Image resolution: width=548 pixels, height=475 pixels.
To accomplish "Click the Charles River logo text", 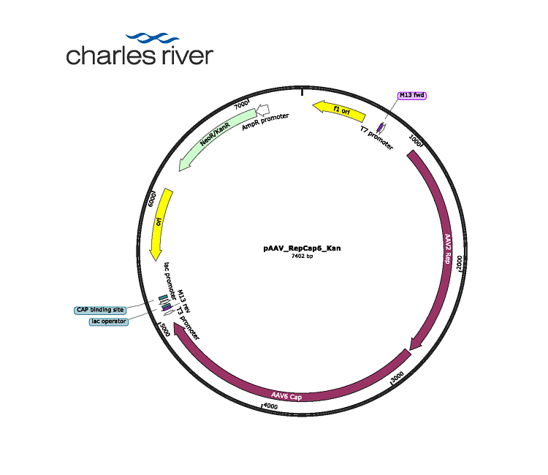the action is (x=140, y=56).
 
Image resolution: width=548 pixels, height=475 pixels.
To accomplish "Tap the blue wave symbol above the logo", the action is (x=153, y=37).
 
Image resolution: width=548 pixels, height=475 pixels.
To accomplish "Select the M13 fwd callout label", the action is (x=412, y=96).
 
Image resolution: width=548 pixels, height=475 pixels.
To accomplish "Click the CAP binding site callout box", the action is (x=100, y=310).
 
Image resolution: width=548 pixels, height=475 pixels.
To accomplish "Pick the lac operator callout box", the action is (x=109, y=322).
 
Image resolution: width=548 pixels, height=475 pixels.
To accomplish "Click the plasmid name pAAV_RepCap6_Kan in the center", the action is (x=302, y=248).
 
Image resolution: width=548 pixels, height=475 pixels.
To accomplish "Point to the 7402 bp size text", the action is (x=302, y=256).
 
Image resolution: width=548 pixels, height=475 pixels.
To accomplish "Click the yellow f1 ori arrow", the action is (x=339, y=111).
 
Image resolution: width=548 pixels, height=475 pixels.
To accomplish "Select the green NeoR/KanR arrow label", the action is (x=215, y=134).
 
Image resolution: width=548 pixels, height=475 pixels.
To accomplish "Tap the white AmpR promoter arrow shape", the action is (x=263, y=110).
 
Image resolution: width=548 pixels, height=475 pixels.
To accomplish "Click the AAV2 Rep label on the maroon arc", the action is (x=448, y=248).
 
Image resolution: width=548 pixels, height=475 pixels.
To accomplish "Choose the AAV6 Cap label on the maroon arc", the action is (x=286, y=396).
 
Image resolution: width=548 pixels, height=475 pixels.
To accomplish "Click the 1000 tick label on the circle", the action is (x=415, y=140).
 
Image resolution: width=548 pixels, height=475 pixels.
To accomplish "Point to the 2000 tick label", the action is (x=460, y=262).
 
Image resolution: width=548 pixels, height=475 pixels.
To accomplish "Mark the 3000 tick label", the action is (x=397, y=377).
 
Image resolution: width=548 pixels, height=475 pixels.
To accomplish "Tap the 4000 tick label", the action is (x=270, y=406).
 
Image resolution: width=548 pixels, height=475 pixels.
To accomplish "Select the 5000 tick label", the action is (x=164, y=330).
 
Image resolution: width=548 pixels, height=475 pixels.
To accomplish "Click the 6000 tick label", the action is (x=152, y=199).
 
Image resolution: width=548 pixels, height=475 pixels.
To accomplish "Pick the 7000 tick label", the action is (x=241, y=104).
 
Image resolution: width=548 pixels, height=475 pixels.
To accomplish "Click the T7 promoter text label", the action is (x=377, y=137).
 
